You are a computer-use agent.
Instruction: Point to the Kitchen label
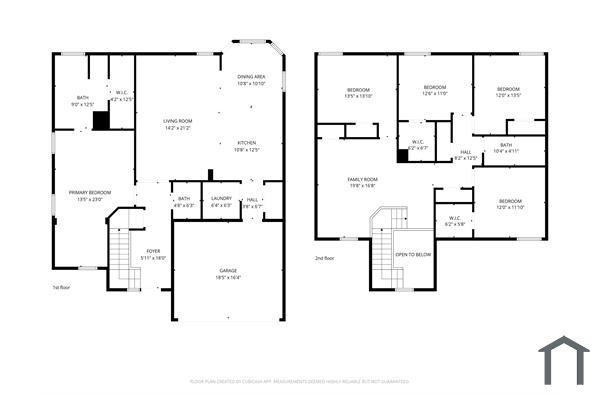[x=247, y=146]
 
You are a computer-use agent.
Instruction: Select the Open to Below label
[x=413, y=255]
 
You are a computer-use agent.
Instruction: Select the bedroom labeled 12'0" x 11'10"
[x=510, y=204]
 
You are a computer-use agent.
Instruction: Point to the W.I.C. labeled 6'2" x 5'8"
[x=453, y=221]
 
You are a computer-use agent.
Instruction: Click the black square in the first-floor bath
[x=100, y=120]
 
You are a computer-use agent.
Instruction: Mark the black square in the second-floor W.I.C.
[x=402, y=155]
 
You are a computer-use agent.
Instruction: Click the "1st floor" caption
[x=61, y=287]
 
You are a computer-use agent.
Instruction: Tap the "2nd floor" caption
[x=326, y=257]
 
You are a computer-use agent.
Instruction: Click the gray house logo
[x=564, y=359]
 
